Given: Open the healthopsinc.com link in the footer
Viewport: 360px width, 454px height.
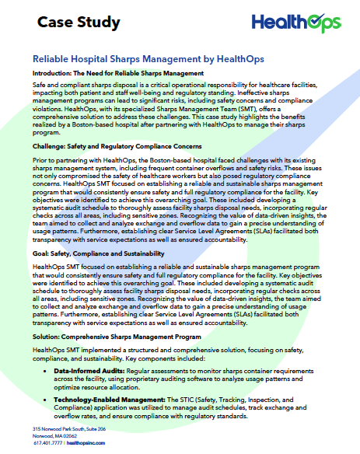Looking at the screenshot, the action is coord(91,444).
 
